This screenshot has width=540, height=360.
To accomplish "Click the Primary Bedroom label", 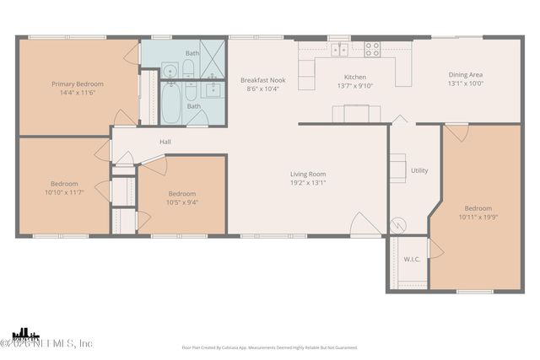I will click(78, 84).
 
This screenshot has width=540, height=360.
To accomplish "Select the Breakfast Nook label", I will click(262, 80).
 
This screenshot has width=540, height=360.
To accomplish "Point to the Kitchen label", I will click(355, 77).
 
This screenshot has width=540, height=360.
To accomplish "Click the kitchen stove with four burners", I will click(372, 50).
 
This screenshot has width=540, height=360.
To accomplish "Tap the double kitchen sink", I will click(339, 50).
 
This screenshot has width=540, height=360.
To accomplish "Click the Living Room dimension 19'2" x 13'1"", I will click(308, 182).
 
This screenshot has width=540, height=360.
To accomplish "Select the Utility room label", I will click(419, 170).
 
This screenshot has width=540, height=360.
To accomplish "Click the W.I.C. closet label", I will click(413, 259).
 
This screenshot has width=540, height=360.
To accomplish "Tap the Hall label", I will click(165, 142).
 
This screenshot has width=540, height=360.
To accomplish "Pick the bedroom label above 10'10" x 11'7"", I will click(64, 184).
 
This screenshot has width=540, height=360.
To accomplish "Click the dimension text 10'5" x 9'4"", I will click(182, 202).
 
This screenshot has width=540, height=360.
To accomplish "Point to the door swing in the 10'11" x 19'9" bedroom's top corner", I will click(456, 133).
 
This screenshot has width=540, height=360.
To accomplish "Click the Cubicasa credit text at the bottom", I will click(269, 347).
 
